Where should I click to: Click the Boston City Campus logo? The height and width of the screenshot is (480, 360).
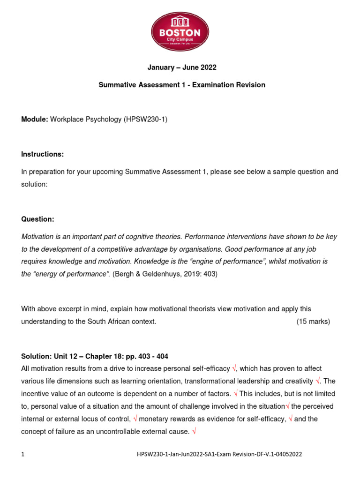pyautogui.click(x=180, y=32)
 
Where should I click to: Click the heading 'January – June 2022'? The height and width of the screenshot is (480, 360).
pyautogui.click(x=182, y=67)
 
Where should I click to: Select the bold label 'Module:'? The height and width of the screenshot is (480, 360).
pyautogui.click(x=35, y=120)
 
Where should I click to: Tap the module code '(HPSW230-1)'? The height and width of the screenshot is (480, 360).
pyautogui.click(x=145, y=120)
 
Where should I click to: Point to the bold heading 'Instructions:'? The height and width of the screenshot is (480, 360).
pyautogui.click(x=43, y=154)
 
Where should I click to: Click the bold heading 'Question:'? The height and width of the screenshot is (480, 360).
pyautogui.click(x=38, y=219)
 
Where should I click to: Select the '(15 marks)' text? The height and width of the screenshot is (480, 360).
pyautogui.click(x=313, y=322)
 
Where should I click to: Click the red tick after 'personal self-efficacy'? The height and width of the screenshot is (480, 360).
pyautogui.click(x=234, y=369)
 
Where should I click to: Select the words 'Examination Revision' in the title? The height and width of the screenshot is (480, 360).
pyautogui.click(x=233, y=85)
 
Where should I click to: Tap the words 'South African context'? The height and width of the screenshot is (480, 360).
pyautogui.click(x=120, y=322)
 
